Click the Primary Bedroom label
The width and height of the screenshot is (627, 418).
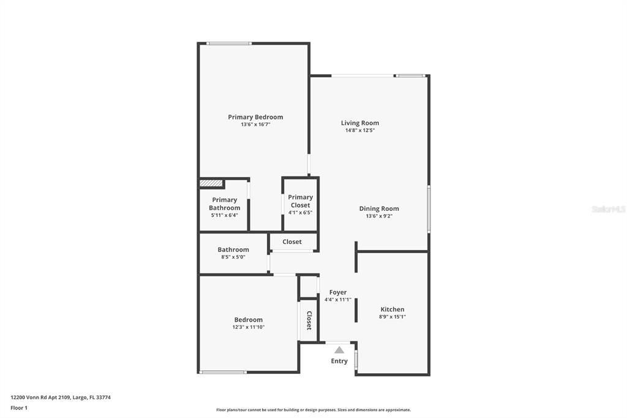point(255,117)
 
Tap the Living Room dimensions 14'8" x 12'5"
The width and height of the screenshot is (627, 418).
point(359,131)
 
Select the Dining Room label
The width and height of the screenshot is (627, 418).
point(378,208)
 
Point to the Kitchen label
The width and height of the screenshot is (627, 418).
point(392,310)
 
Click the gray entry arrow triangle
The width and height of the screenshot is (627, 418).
point(339,350)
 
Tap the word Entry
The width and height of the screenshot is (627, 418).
point(339,361)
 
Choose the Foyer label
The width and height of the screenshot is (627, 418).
point(338,292)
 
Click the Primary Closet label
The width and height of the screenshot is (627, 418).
point(300,201)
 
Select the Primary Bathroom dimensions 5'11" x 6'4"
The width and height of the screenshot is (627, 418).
point(223,215)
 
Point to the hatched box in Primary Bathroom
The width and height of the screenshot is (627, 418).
point(210,183)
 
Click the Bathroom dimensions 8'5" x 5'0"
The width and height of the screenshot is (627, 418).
point(233,257)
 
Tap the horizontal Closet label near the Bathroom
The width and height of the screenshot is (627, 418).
point(292,241)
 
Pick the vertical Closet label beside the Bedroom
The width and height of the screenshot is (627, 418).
point(309,321)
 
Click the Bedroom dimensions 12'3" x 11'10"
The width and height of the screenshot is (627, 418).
point(248,327)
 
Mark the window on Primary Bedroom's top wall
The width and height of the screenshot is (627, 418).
point(228,44)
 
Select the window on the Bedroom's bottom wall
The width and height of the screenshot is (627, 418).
point(223,372)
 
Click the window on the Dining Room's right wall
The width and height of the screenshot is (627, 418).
point(429,209)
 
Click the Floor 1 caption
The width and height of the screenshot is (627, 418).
point(19,408)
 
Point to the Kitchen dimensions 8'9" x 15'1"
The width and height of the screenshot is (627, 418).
point(392,317)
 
